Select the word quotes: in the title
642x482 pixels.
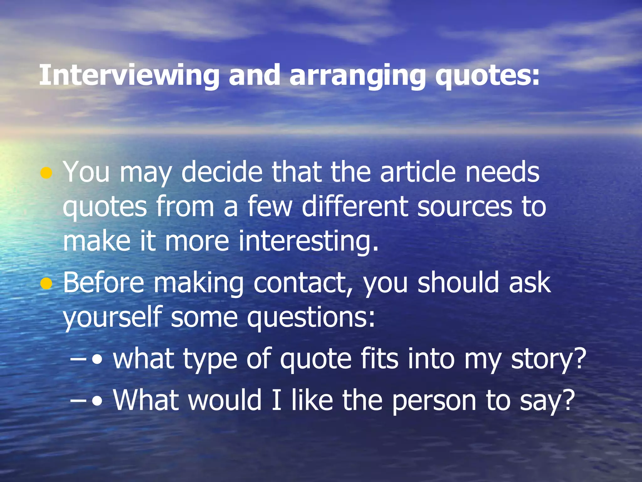pos(487,75)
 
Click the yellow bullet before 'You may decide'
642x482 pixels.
pos(46,173)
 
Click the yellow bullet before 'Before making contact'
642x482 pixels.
pos(46,284)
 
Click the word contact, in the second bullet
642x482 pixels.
pos(303,283)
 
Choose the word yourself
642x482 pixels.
pos(112,318)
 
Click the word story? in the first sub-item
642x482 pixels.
pos(549,359)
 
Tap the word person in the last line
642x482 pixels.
pos(434,401)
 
